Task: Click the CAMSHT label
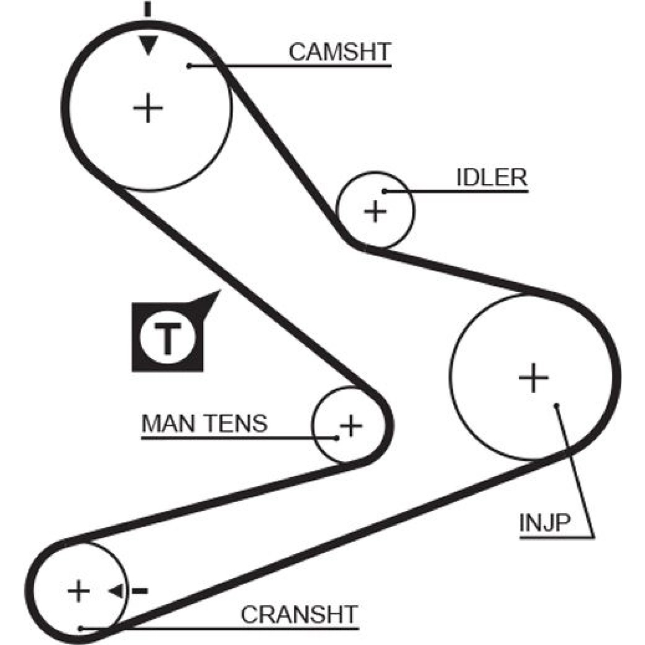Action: pos(340,52)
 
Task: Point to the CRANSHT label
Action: pos(299,614)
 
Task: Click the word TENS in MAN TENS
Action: pos(237,423)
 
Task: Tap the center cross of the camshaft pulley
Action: pos(148,108)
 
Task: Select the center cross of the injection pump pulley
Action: pos(533,378)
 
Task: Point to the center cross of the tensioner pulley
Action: pos(351,426)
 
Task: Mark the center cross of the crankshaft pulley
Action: pos(79,591)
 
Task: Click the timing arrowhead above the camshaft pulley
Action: pos(148,45)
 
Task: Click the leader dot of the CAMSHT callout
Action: pos(189,66)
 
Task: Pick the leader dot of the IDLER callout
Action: pos(385,191)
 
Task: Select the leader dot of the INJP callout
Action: pos(556,405)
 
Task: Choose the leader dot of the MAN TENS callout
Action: pos(337,438)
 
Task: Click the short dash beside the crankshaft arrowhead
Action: pos(140,591)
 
